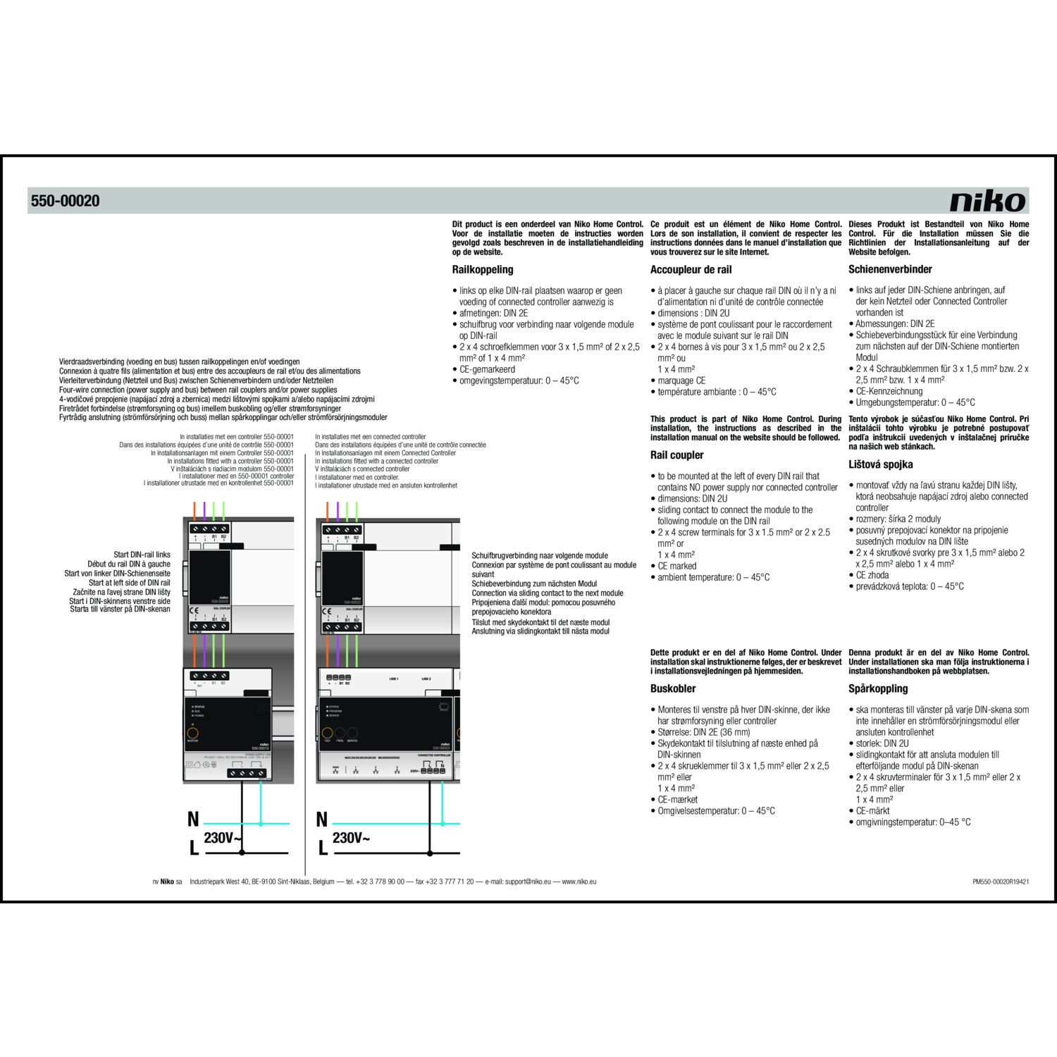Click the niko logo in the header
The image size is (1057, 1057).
[988, 201]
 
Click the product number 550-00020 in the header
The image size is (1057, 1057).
[65, 201]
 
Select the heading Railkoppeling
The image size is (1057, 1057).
[483, 269]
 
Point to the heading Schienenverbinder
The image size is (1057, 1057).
[890, 269]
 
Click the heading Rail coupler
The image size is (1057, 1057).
[676, 455]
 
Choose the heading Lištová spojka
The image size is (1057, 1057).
[880, 464]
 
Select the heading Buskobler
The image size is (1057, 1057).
[673, 688]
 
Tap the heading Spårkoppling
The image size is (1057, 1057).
[878, 688]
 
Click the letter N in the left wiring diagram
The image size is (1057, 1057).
[193, 820]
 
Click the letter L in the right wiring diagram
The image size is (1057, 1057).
[323, 848]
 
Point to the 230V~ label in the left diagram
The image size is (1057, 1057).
[223, 838]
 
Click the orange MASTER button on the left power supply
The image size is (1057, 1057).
[192, 733]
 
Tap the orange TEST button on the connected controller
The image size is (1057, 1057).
[328, 733]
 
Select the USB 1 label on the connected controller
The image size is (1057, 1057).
[393, 679]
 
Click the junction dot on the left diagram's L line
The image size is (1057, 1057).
[242, 853]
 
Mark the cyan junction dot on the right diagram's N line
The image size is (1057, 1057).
[443, 823]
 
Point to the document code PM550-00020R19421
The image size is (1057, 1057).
[1000, 882]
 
